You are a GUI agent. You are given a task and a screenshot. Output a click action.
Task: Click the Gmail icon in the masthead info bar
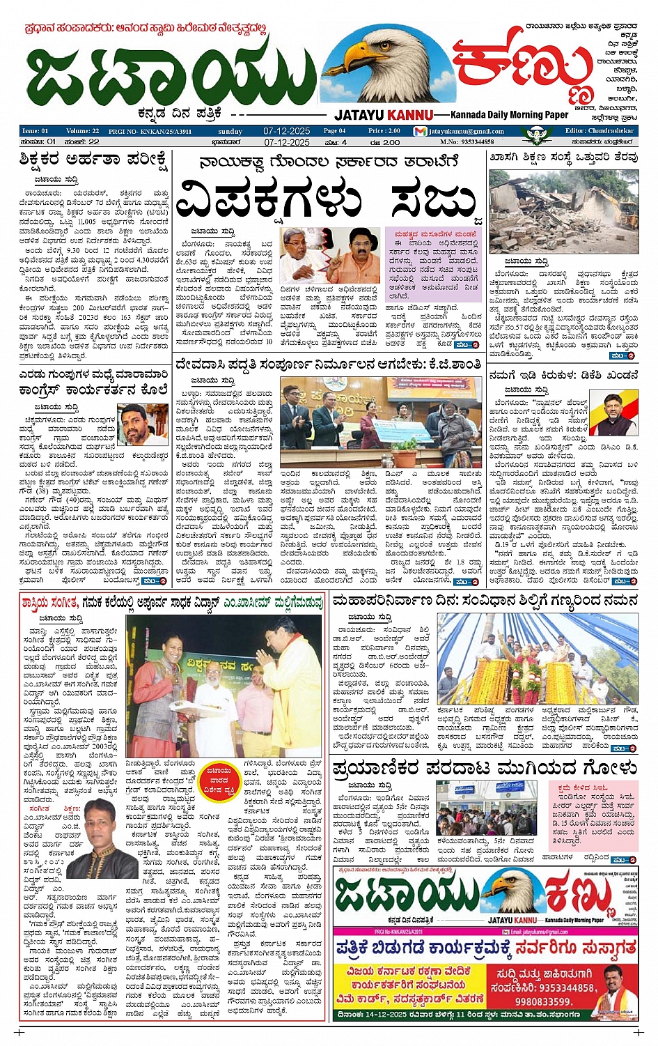pos(419,131)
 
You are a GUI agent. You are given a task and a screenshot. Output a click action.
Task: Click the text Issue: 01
pos(35,131)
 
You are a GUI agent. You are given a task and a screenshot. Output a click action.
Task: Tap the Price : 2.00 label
pos(384,130)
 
